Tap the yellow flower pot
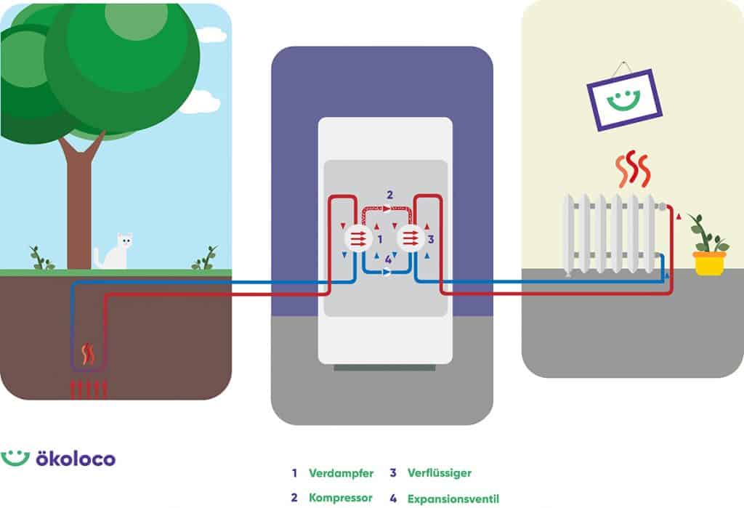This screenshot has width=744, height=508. [709, 263]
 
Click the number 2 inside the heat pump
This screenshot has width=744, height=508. [389, 194]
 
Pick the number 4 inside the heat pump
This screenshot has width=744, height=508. [388, 259]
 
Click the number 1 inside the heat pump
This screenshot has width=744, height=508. [380, 238]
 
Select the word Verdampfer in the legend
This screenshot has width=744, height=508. [341, 473]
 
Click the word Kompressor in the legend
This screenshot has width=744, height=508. [341, 499]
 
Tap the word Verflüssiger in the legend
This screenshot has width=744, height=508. [440, 473]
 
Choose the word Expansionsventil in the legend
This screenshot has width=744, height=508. [453, 499]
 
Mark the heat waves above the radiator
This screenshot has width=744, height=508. [631, 169]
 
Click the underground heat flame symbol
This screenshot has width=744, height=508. [89, 354]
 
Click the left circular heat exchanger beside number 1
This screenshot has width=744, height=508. [357, 238]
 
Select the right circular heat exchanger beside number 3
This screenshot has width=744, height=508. [411, 238]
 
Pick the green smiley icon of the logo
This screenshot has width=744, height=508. [15, 458]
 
